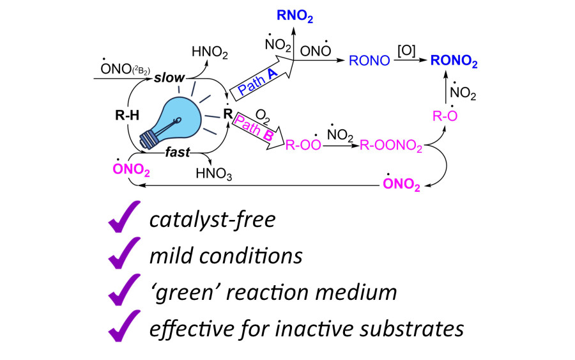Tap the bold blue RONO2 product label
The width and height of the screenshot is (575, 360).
coord(454,61)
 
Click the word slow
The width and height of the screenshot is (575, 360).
coord(169,78)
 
